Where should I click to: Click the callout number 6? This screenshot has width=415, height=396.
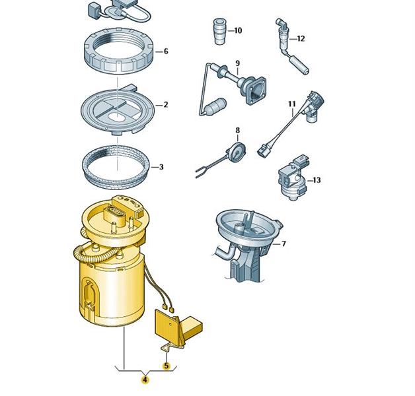[166, 51]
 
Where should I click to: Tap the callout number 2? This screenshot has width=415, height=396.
[166, 105]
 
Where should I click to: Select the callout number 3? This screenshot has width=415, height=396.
[161, 167]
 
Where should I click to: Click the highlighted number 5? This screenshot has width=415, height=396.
[167, 366]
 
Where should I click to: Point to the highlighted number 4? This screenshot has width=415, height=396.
[145, 380]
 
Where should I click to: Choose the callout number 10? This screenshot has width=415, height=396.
[238, 30]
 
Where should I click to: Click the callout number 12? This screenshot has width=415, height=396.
[301, 39]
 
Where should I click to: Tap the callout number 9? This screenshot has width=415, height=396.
[237, 63]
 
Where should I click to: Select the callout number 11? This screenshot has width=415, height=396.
[291, 104]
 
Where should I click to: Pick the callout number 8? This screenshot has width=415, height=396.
[237, 130]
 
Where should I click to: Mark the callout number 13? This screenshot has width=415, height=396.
[317, 180]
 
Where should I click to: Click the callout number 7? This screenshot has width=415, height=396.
[283, 244]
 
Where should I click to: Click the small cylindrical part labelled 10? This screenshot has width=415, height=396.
[219, 32]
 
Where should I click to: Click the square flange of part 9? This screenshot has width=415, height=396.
[256, 90]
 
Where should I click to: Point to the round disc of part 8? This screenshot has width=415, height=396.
[237, 152]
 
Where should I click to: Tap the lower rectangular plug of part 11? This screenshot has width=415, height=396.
[263, 151]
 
